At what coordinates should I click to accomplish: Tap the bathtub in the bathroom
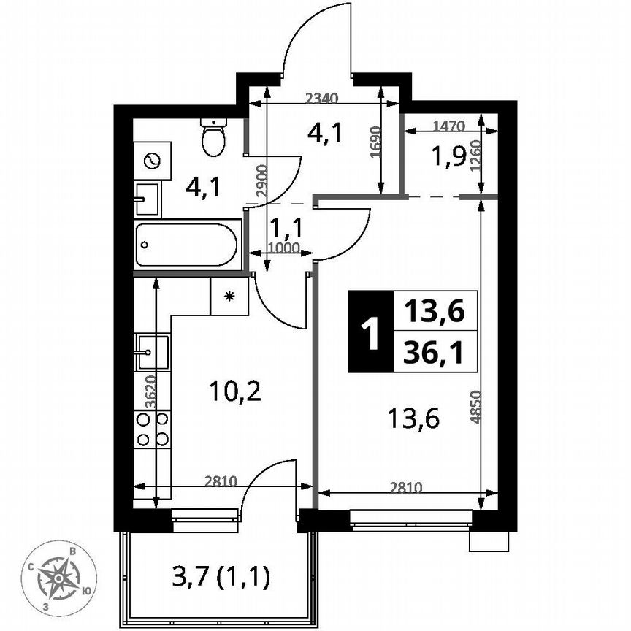(186, 245)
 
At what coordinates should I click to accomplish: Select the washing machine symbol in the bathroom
(153, 161)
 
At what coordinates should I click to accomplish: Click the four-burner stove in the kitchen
(152, 429)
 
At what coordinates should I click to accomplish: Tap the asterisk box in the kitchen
(229, 296)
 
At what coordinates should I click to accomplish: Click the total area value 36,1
(435, 353)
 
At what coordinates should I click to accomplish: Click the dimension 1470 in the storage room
(448, 126)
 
